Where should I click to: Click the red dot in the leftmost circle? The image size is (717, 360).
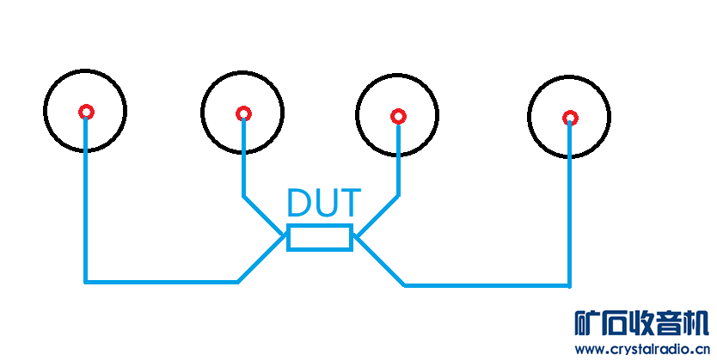coord(86,112)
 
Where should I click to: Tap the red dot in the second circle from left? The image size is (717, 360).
coord(243,113)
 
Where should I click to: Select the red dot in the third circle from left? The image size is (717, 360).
coord(397,116)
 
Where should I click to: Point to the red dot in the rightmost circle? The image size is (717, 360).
coord(569,118)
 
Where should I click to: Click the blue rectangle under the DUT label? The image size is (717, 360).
coord(319,237)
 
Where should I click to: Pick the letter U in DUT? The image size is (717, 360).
coord(324,204)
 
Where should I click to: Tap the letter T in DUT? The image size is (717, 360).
coord(348,204)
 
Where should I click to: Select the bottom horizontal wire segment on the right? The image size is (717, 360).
coord(487,284)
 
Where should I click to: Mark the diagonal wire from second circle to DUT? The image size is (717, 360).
coord(265,216)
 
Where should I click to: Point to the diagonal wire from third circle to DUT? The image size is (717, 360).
coord(377,216)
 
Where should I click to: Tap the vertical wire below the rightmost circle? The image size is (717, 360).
coord(569,206)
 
